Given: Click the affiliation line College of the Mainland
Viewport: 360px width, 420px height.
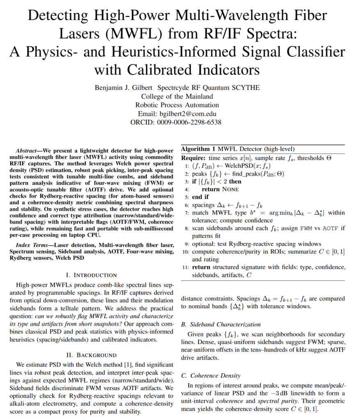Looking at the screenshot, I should point(177,96).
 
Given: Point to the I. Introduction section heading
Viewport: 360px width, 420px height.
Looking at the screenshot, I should point(92,275).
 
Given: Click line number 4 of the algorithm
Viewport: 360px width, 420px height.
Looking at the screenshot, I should point(186,189).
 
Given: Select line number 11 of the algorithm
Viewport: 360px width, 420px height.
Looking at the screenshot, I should point(185,267).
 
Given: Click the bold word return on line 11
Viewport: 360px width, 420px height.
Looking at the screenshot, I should point(201,267).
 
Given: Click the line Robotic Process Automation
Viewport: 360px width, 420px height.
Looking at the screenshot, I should point(177,105).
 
